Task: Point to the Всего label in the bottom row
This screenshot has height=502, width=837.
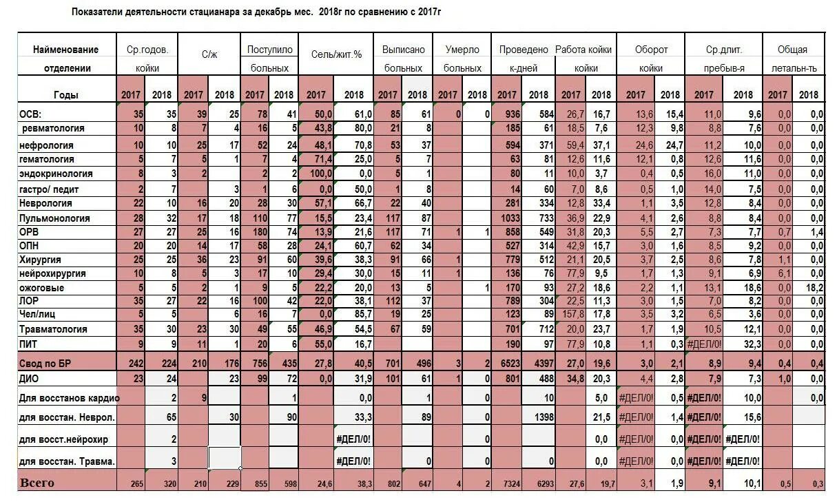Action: pyautogui.click(x=37, y=483)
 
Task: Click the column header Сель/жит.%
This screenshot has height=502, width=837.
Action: pyautogui.click(x=336, y=53)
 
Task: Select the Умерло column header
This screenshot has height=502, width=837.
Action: pyautogui.click(x=462, y=50)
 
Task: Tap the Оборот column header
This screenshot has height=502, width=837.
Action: pyautogui.click(x=651, y=50)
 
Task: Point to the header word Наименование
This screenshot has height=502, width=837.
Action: pyautogui.click(x=65, y=50)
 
